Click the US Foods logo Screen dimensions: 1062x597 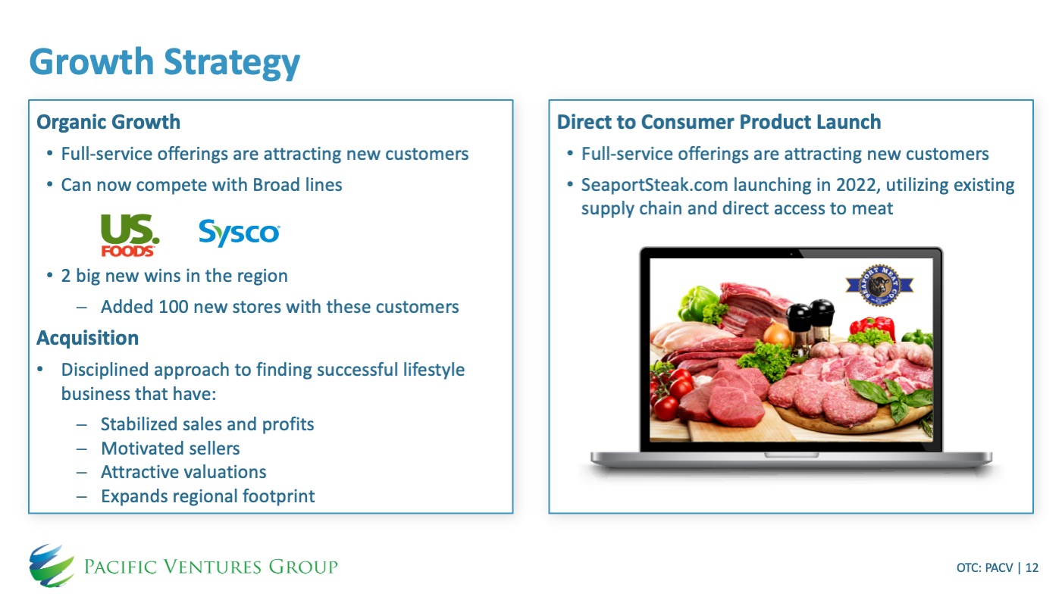pos(130,235)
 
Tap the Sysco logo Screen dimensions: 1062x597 pos(239,233)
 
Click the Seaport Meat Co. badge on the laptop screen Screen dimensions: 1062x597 pos(879,285)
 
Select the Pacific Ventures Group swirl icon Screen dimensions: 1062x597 pos(52,566)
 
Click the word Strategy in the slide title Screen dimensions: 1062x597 pos(232,63)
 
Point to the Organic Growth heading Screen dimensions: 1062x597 pos(108,122)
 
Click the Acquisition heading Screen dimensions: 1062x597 pos(88,339)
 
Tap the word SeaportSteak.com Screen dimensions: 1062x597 pos(654,185)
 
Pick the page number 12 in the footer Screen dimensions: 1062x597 pos(1032,567)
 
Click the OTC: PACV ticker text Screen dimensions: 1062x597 pos(985,567)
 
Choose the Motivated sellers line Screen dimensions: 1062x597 pos(171,449)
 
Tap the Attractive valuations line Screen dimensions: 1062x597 pos(183,472)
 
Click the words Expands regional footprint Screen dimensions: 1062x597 pos(208,496)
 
